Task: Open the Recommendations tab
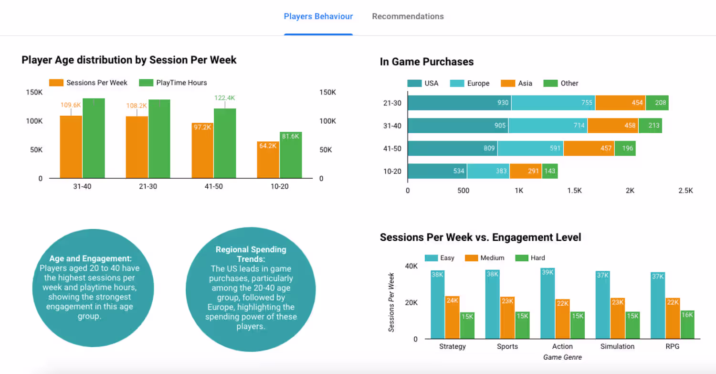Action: coord(408,16)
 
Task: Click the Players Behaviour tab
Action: coord(318,16)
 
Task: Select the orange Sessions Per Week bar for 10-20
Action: coord(268,160)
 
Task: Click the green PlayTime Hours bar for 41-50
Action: coord(225,143)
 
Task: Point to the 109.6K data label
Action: coord(71,105)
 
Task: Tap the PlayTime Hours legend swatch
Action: coord(146,83)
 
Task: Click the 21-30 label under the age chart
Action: coord(148,186)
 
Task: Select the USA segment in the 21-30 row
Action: coord(459,103)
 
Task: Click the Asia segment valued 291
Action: coord(526,171)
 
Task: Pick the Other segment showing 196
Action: coord(625,149)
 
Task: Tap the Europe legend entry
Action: coord(470,84)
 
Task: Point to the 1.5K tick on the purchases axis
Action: coord(574,191)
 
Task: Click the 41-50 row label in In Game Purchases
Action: coord(392,149)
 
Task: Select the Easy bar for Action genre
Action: coord(548,303)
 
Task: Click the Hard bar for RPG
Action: coord(687,324)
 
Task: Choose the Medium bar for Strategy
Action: coord(453,317)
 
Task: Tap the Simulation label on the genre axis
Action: coord(617,346)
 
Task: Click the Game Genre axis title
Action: coord(563,357)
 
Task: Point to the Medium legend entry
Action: coord(484,258)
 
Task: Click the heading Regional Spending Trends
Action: coord(251,254)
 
